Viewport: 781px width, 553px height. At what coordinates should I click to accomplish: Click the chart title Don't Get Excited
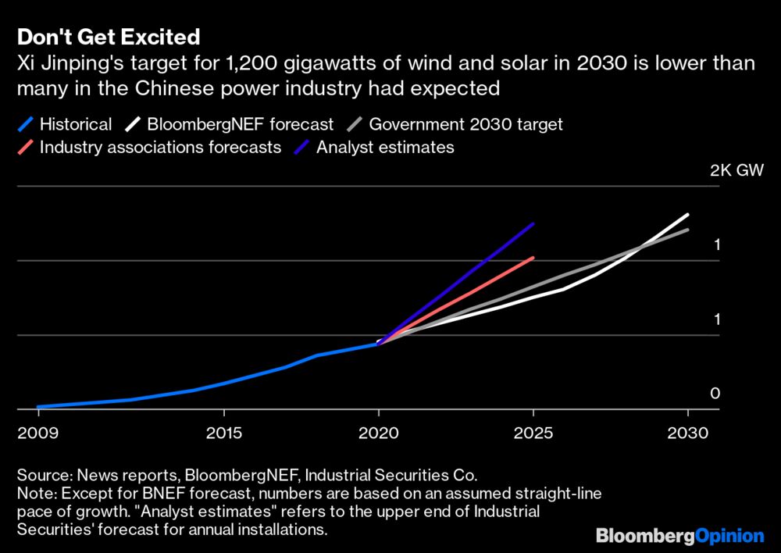[x=109, y=37]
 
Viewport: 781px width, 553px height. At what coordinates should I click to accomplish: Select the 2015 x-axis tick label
[x=224, y=432]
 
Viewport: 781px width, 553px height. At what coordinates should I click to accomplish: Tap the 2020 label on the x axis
[x=379, y=432]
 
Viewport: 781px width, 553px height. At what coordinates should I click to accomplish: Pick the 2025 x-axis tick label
[x=533, y=432]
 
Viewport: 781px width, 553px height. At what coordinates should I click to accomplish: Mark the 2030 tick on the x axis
[x=687, y=432]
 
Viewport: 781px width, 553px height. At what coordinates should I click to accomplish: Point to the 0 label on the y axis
[x=714, y=394]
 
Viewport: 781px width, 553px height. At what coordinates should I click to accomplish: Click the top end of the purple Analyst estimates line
[x=533, y=223]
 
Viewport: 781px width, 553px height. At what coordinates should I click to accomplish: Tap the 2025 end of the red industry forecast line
[x=533, y=257]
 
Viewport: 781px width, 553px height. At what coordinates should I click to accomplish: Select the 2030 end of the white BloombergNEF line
[x=687, y=214]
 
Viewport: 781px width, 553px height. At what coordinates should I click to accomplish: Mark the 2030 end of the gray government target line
[x=687, y=229]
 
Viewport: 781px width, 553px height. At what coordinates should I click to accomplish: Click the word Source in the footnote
[x=41, y=475]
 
